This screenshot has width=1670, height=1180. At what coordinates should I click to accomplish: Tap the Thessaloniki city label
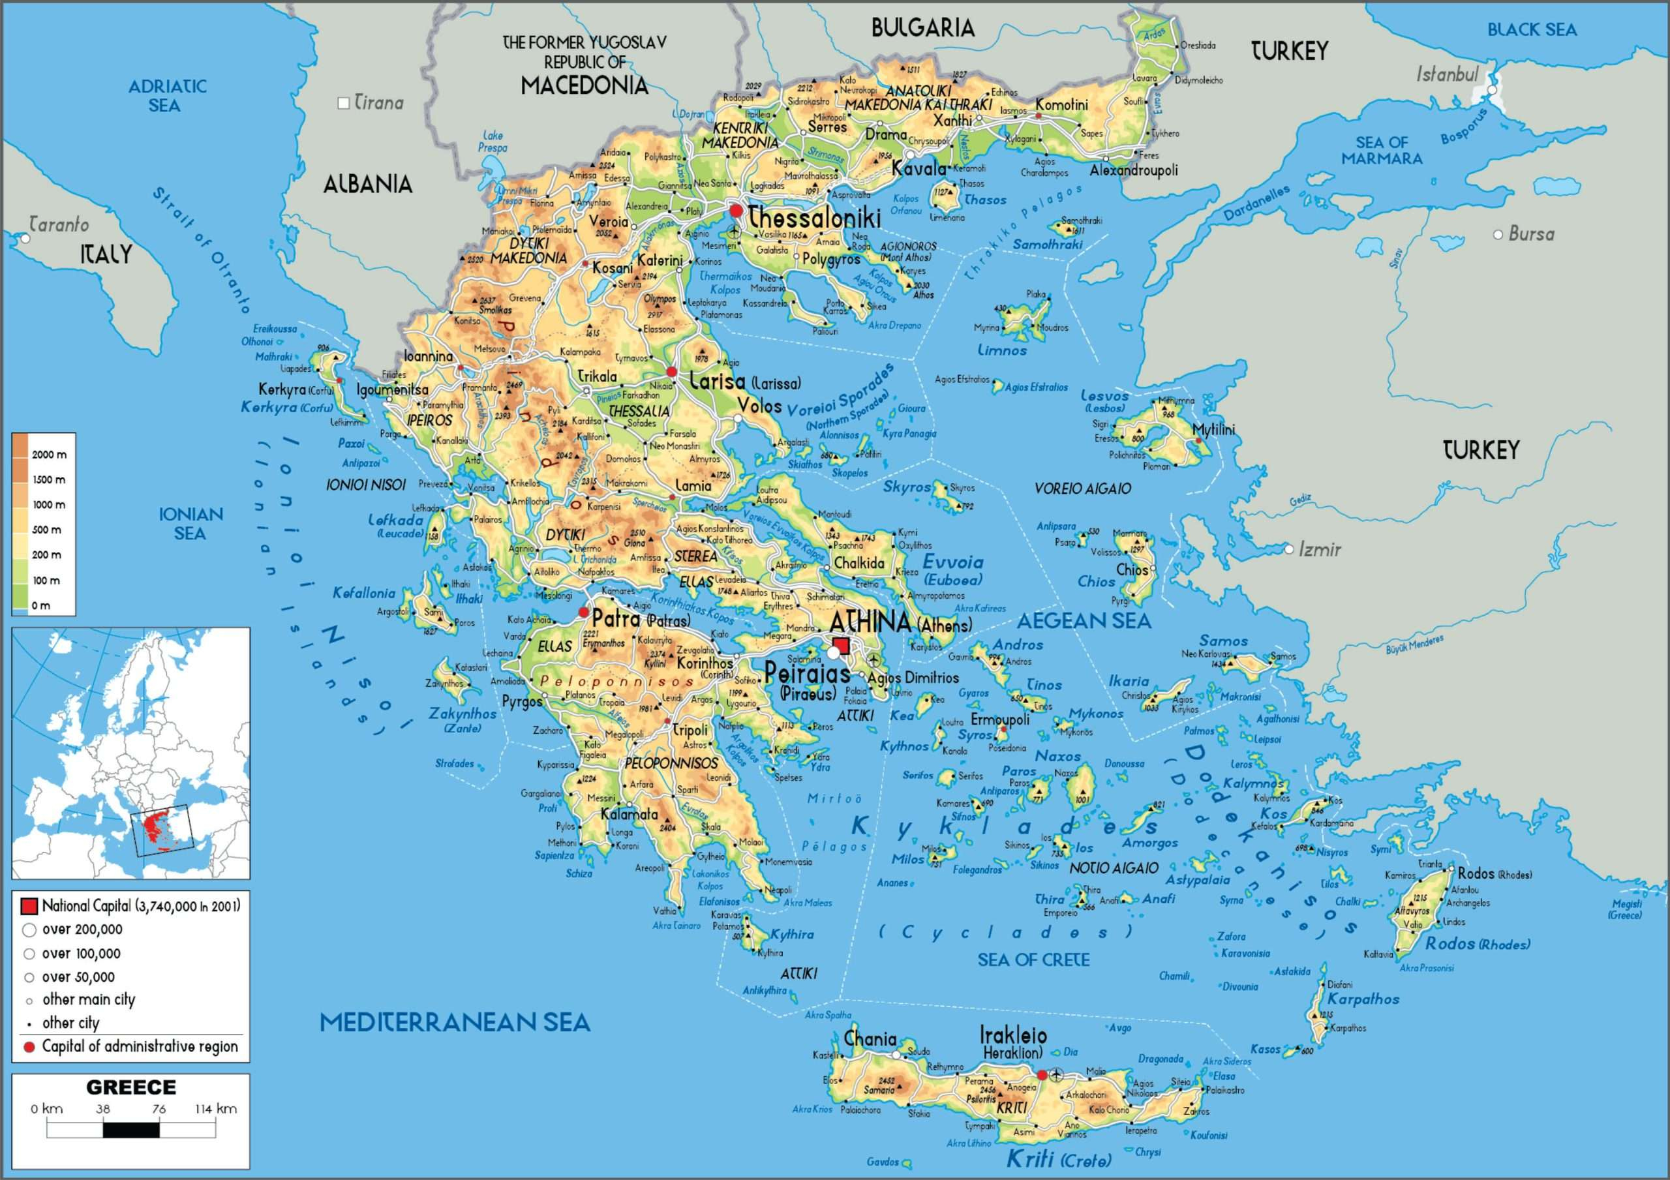pos(814,217)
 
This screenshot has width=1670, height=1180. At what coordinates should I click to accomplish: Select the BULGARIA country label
pos(922,28)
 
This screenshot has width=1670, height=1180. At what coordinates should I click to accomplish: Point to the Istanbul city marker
pos(1492,89)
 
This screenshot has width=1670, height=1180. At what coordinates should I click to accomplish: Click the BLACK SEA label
pos(1532,30)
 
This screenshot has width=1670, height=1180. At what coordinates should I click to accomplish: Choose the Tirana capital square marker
pos(344,103)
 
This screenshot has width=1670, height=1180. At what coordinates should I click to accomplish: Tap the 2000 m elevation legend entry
pos(49,455)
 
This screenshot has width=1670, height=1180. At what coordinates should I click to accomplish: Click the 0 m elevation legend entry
pos(40,605)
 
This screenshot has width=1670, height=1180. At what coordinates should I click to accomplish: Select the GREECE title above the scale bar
pos(131,1087)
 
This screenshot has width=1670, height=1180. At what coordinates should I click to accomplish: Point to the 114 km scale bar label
pos(215,1110)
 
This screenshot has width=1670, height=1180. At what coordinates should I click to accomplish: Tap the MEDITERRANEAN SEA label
pos(455,1022)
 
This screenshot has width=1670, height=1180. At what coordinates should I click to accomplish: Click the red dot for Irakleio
pos(1042,1074)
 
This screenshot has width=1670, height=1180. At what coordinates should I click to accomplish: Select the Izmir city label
pos(1320,550)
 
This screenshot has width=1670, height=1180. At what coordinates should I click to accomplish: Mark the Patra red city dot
pos(583,613)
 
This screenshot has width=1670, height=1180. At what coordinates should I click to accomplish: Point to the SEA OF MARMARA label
pos(1381,150)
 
